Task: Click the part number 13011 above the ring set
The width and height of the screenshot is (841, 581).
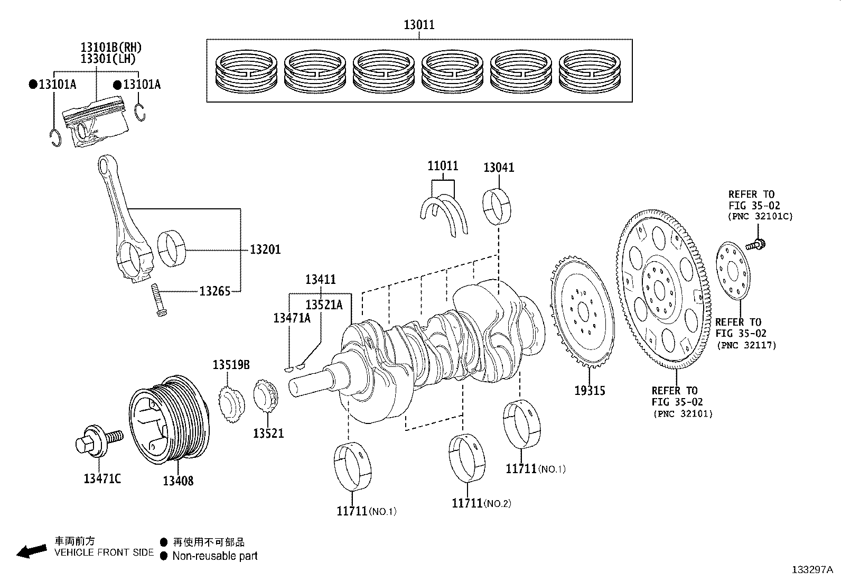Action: tap(419, 25)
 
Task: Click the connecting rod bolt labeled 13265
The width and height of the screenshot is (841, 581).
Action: tap(158, 300)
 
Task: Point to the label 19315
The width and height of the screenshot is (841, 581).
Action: tap(590, 391)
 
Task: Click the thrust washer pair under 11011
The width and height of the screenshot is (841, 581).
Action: tap(445, 214)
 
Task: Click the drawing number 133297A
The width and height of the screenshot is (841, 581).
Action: tap(811, 569)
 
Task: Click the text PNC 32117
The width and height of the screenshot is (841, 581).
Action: tap(746, 345)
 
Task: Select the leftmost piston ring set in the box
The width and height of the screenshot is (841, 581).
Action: tap(247, 70)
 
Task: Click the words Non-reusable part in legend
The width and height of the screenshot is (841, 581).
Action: tap(215, 556)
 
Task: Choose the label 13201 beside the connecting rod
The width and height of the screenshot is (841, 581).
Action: tap(265, 249)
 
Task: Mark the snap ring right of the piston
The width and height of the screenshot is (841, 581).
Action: tap(139, 113)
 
